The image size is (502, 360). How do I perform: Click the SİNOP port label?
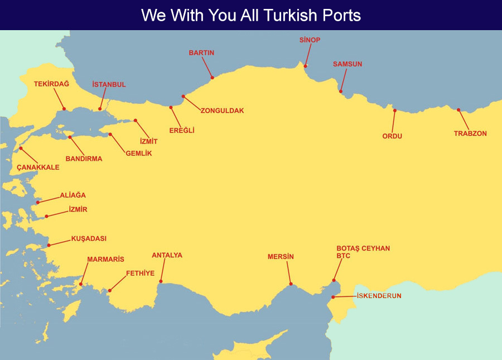pyautogui.click(x=310, y=40)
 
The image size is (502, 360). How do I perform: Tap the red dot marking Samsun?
pyautogui.click(x=341, y=92)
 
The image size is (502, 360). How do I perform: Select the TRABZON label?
pyautogui.click(x=470, y=133)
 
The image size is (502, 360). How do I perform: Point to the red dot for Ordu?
pyautogui.click(x=394, y=111)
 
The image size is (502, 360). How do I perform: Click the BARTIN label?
pyautogui.click(x=201, y=52)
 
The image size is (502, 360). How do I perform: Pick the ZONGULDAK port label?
pyautogui.click(x=222, y=111)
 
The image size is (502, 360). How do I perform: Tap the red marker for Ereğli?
pyautogui.click(x=171, y=107)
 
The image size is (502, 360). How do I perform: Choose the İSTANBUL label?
pyautogui.click(x=109, y=84)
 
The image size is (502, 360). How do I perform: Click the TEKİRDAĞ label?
pyautogui.click(x=51, y=83)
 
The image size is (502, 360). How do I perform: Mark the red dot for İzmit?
pyautogui.click(x=134, y=120)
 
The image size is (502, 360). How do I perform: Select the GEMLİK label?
pyautogui.click(x=139, y=153)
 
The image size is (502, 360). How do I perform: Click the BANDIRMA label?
pyautogui.click(x=84, y=159)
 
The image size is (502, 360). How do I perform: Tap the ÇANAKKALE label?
pyautogui.click(x=38, y=167)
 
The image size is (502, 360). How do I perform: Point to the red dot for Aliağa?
pyautogui.click(x=38, y=202)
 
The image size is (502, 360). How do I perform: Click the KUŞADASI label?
pyautogui.click(x=89, y=238)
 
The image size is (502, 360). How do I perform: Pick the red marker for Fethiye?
pyautogui.click(x=110, y=290)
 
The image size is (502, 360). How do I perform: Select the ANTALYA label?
pyautogui.click(x=167, y=255)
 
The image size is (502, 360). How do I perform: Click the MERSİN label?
pyautogui.click(x=281, y=257)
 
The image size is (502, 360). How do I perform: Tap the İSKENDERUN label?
pyautogui.click(x=379, y=295)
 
